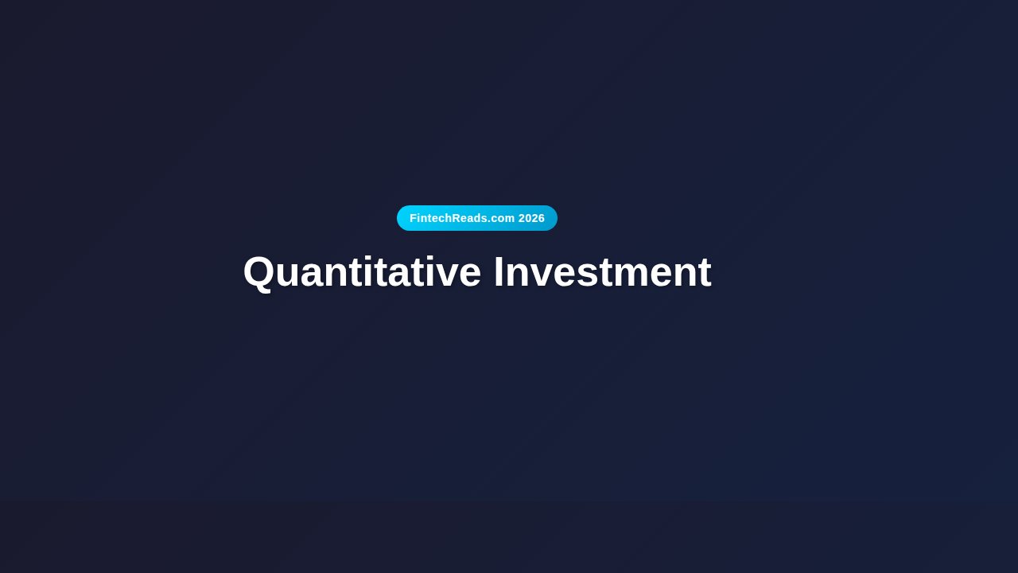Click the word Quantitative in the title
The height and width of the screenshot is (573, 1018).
(362, 272)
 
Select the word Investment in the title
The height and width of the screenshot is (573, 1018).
(602, 272)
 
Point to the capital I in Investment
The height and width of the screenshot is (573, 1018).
(499, 272)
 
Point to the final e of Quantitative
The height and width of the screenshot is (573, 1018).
(469, 275)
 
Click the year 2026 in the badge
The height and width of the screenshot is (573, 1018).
(531, 218)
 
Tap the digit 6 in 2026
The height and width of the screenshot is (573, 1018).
(542, 218)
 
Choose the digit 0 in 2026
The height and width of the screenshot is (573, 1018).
(528, 218)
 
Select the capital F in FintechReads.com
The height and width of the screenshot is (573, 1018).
(414, 218)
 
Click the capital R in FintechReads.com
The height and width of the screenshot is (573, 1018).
(457, 218)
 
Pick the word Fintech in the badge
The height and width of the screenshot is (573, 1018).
(430, 218)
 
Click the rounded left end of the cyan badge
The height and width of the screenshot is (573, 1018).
(402, 218)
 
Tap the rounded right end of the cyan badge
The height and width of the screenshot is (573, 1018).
(552, 218)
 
